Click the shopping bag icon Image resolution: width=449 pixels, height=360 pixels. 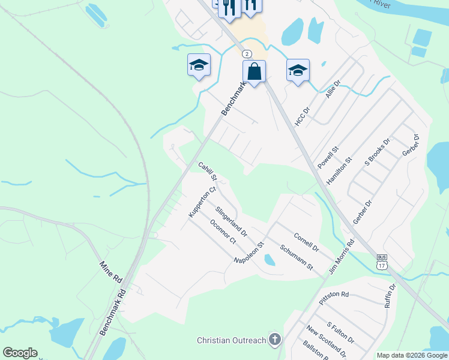pos(255,72)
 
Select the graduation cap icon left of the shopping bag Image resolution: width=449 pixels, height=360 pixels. pos(199,65)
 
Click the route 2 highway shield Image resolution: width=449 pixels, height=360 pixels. pos(247,54)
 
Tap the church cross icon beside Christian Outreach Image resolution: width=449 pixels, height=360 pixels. pos(275,340)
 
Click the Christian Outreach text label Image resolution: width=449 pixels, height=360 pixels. pos(231,340)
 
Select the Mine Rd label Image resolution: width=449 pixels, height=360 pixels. pos(111,272)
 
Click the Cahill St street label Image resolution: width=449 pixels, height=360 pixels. pos(207,172)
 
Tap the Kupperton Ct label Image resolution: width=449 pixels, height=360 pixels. pos(201,202)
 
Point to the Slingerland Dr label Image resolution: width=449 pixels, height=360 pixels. pos(231,220)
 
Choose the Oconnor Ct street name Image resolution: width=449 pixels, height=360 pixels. pos(223,232)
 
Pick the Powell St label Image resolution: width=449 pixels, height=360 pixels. pos(328,157)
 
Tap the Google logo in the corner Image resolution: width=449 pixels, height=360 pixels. pos(20,353)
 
